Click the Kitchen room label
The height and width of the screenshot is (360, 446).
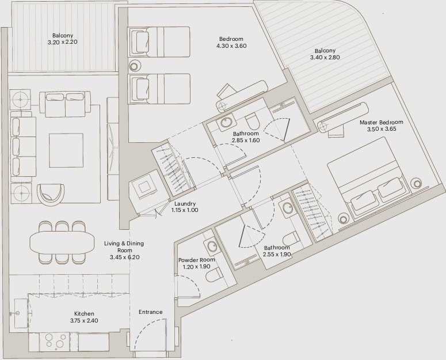pos(84,313)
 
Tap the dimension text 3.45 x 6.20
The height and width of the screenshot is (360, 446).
pos(124,257)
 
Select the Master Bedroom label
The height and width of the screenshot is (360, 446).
pos(381,122)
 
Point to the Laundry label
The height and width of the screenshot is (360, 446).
pos(185,204)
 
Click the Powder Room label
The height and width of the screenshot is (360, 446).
pos(197,260)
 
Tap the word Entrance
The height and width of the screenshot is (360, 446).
pos(150,312)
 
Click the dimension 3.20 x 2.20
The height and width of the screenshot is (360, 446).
pos(63,42)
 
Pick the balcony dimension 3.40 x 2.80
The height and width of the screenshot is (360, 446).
pos(325,57)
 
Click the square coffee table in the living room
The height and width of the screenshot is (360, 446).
pos(66,150)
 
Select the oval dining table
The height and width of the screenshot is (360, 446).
pos(62,242)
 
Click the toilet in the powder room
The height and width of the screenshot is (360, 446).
pos(214,276)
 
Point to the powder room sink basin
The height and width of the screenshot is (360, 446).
pos(211,246)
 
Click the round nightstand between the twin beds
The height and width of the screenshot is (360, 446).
pos(135,66)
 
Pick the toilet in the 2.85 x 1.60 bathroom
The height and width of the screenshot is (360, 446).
pos(252,122)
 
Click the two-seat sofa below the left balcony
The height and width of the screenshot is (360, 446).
pos(65,104)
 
